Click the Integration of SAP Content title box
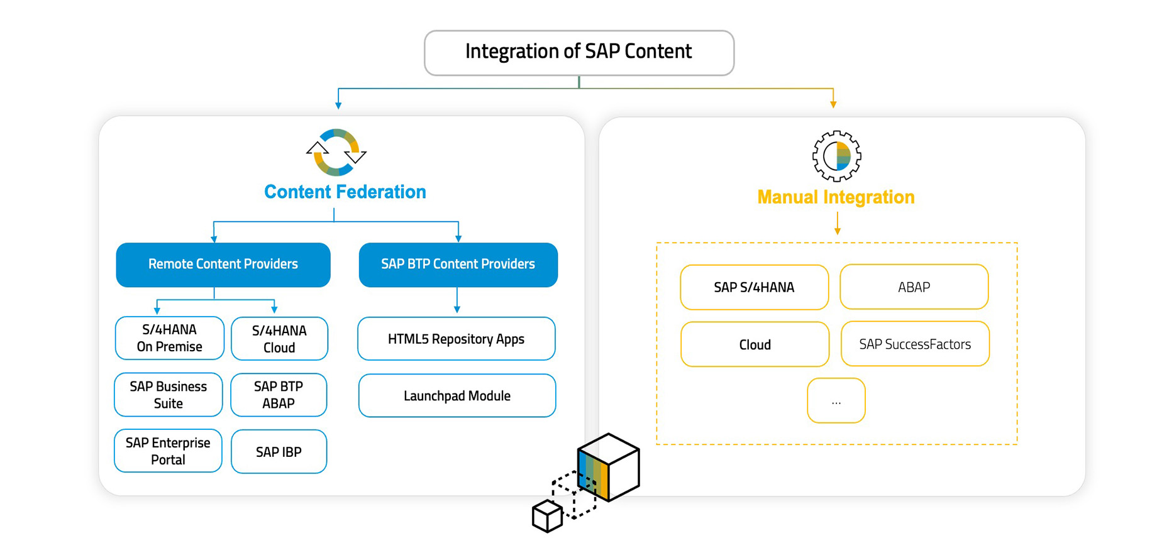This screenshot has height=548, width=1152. click(579, 53)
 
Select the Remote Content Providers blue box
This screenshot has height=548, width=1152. click(223, 265)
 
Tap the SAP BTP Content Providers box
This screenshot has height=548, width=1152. click(458, 265)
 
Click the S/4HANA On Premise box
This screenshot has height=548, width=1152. click(170, 338)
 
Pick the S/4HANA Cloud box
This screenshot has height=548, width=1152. click(279, 339)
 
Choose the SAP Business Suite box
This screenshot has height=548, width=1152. click(169, 395)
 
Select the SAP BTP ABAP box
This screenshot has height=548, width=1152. click(279, 395)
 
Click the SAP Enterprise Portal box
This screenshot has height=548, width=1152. click(168, 451)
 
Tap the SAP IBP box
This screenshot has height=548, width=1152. click(279, 451)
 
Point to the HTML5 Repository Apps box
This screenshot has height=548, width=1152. click(456, 339)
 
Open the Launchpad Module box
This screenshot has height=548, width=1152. click(457, 395)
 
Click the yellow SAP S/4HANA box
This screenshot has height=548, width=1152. click(754, 287)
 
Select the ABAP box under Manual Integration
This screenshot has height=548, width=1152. click(914, 287)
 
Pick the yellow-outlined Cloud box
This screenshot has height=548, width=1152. click(755, 344)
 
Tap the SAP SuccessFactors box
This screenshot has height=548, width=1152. click(915, 344)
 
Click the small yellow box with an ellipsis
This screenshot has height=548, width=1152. click(836, 401)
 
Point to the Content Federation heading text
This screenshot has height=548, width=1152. click(345, 192)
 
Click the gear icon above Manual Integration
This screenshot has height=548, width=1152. click(836, 156)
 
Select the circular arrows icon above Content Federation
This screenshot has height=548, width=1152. click(336, 152)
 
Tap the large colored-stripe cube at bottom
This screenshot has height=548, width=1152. click(608, 466)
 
